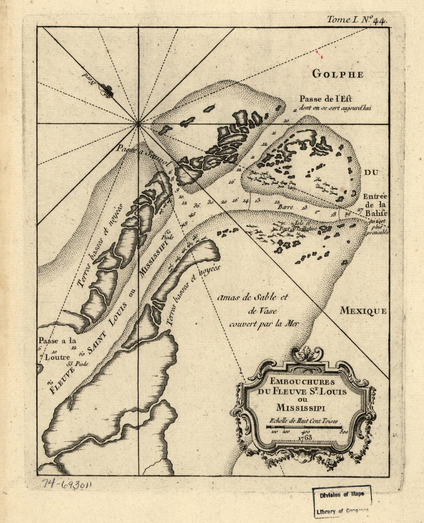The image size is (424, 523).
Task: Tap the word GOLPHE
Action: (x=337, y=74)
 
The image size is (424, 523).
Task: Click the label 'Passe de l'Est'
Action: (x=327, y=98)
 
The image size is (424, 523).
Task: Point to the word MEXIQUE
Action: (x=362, y=311)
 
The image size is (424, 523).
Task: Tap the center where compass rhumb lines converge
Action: (x=138, y=124)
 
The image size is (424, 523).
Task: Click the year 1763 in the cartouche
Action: (x=305, y=437)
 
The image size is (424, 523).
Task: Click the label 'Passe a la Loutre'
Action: (x=57, y=349)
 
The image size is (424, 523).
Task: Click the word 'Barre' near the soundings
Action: (x=285, y=206)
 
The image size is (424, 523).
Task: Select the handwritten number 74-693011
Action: (x=68, y=485)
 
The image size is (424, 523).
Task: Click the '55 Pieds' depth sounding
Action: (x=77, y=364)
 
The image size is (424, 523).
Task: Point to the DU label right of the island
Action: (x=372, y=173)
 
